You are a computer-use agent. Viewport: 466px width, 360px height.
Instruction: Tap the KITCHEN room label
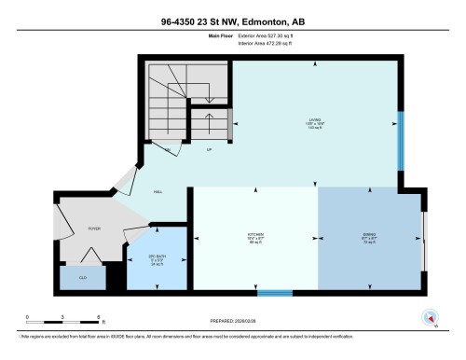(254, 234)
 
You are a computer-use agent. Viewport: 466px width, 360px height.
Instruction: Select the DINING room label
(369, 234)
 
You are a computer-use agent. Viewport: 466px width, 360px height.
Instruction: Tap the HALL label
(159, 192)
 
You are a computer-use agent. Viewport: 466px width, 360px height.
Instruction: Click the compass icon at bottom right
(431, 315)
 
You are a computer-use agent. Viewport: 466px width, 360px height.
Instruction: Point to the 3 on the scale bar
(62, 319)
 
